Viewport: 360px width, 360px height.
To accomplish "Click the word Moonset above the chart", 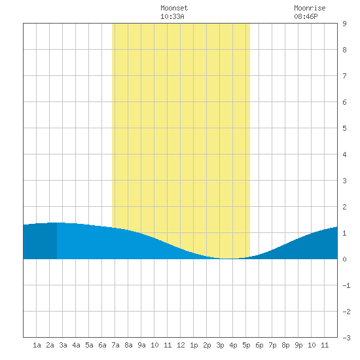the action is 174,8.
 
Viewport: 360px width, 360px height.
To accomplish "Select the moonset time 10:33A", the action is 172,16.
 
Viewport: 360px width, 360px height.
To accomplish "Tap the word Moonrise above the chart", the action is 310,8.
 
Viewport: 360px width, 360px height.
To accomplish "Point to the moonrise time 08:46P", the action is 306,16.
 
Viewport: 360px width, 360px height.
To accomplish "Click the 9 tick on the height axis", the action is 344,24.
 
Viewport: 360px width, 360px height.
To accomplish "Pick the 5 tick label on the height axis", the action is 344,128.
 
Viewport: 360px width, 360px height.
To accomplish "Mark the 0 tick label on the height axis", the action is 344,259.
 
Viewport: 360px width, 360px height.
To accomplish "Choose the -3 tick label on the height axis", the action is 346,338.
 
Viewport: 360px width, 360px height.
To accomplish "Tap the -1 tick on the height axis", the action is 346,285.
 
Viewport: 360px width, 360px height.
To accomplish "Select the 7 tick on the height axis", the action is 344,76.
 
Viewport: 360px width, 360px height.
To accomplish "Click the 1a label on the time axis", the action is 37,345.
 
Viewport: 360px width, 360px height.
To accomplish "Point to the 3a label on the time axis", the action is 63,345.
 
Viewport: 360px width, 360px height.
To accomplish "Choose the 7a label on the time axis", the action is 115,345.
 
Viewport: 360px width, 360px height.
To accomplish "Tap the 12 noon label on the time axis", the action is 181,345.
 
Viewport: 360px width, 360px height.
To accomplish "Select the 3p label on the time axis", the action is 220,345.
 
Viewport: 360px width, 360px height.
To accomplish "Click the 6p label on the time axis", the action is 259,345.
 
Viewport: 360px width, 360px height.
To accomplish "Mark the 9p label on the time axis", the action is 298,345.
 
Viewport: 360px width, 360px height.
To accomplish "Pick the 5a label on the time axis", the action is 89,345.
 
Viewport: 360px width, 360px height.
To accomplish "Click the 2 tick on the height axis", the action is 344,207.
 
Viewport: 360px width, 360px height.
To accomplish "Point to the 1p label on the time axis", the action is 194,345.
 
